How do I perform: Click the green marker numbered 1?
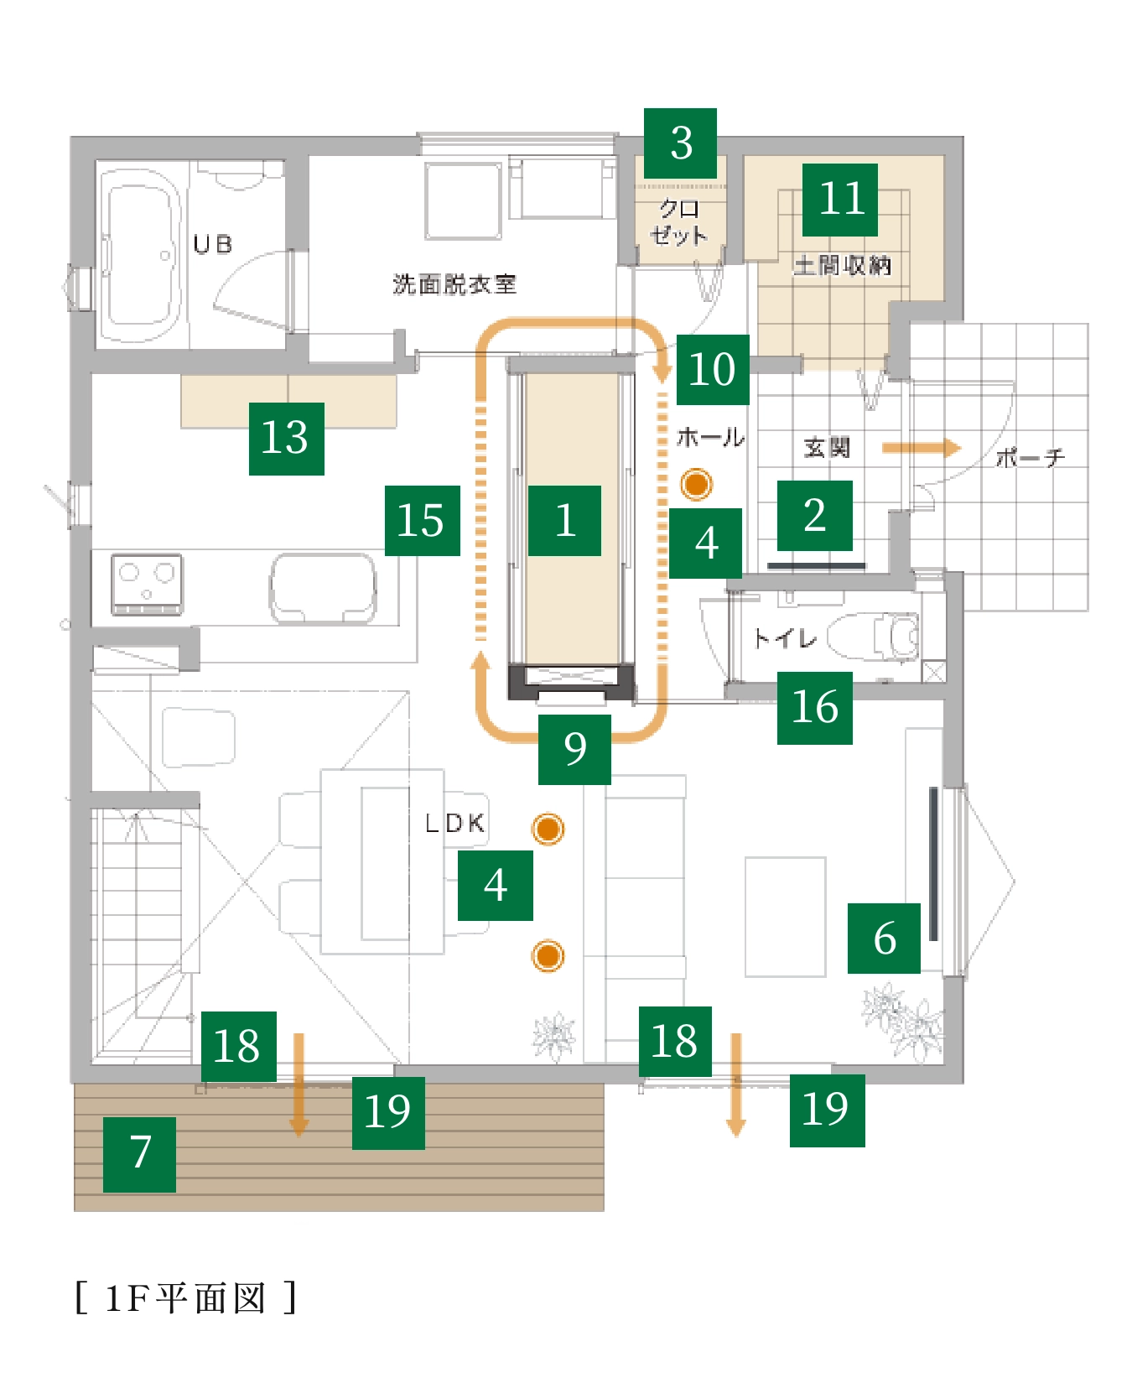pos(564,520)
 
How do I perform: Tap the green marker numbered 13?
pos(286,438)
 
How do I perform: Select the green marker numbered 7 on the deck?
pos(139,1154)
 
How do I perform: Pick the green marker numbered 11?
pos(839,200)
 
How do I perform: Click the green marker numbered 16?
pos(814,708)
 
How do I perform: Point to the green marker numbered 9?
pos(574,749)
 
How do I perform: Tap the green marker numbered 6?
pos(884,938)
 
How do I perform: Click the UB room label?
pos(212,244)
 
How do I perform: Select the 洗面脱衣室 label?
pos(454,284)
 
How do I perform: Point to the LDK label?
pos(455,823)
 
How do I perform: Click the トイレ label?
pos(785,638)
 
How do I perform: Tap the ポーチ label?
pos(1031,458)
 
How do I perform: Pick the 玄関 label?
pos(827,448)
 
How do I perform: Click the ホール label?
pos(710,437)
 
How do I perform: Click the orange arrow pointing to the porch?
pos(921,448)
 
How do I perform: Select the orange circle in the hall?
pos(696,484)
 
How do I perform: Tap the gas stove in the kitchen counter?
pos(147,583)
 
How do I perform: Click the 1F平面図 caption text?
pos(185,1298)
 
